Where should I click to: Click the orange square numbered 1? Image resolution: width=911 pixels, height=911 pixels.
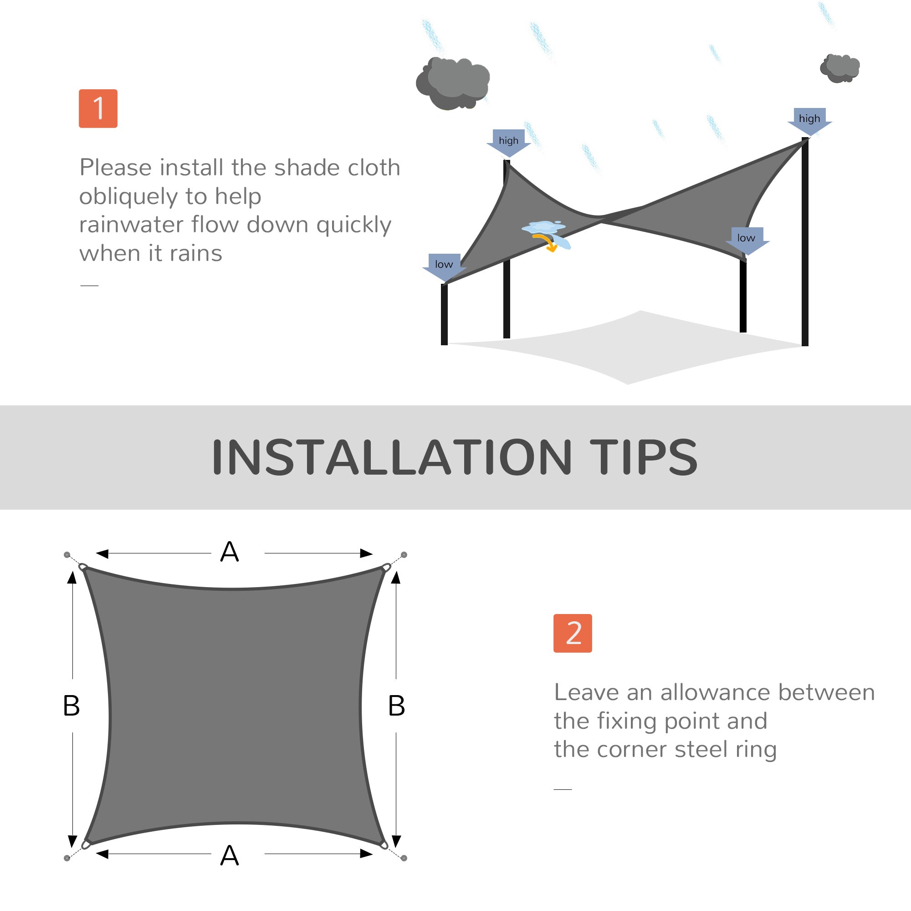coord(98,108)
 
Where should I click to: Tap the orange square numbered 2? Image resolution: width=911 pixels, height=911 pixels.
coord(573,633)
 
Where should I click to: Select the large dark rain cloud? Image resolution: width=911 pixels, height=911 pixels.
coord(453,83)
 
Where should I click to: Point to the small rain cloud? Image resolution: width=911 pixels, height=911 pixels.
coord(840,68)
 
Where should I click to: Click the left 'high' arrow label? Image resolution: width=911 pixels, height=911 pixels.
coord(508,142)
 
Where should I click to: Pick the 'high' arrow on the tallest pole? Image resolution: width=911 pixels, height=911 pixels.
coord(809,120)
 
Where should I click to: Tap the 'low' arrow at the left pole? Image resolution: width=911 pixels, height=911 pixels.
coord(444,266)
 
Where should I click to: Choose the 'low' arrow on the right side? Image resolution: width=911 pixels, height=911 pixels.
coord(747,239)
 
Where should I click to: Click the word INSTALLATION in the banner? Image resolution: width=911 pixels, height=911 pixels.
coord(391,457)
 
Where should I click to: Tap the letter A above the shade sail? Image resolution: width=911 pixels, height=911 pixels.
coord(230,552)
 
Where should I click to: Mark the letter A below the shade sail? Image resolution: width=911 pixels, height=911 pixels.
coord(230,855)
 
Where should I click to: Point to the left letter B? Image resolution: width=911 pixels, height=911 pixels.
coord(71,706)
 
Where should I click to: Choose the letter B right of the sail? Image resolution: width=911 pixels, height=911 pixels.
coord(397,706)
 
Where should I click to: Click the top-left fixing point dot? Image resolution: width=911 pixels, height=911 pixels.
coord(67,555)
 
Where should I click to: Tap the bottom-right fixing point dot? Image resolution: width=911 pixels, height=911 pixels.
coord(404,858)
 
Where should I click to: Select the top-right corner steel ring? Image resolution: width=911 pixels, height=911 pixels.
coord(386,567)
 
